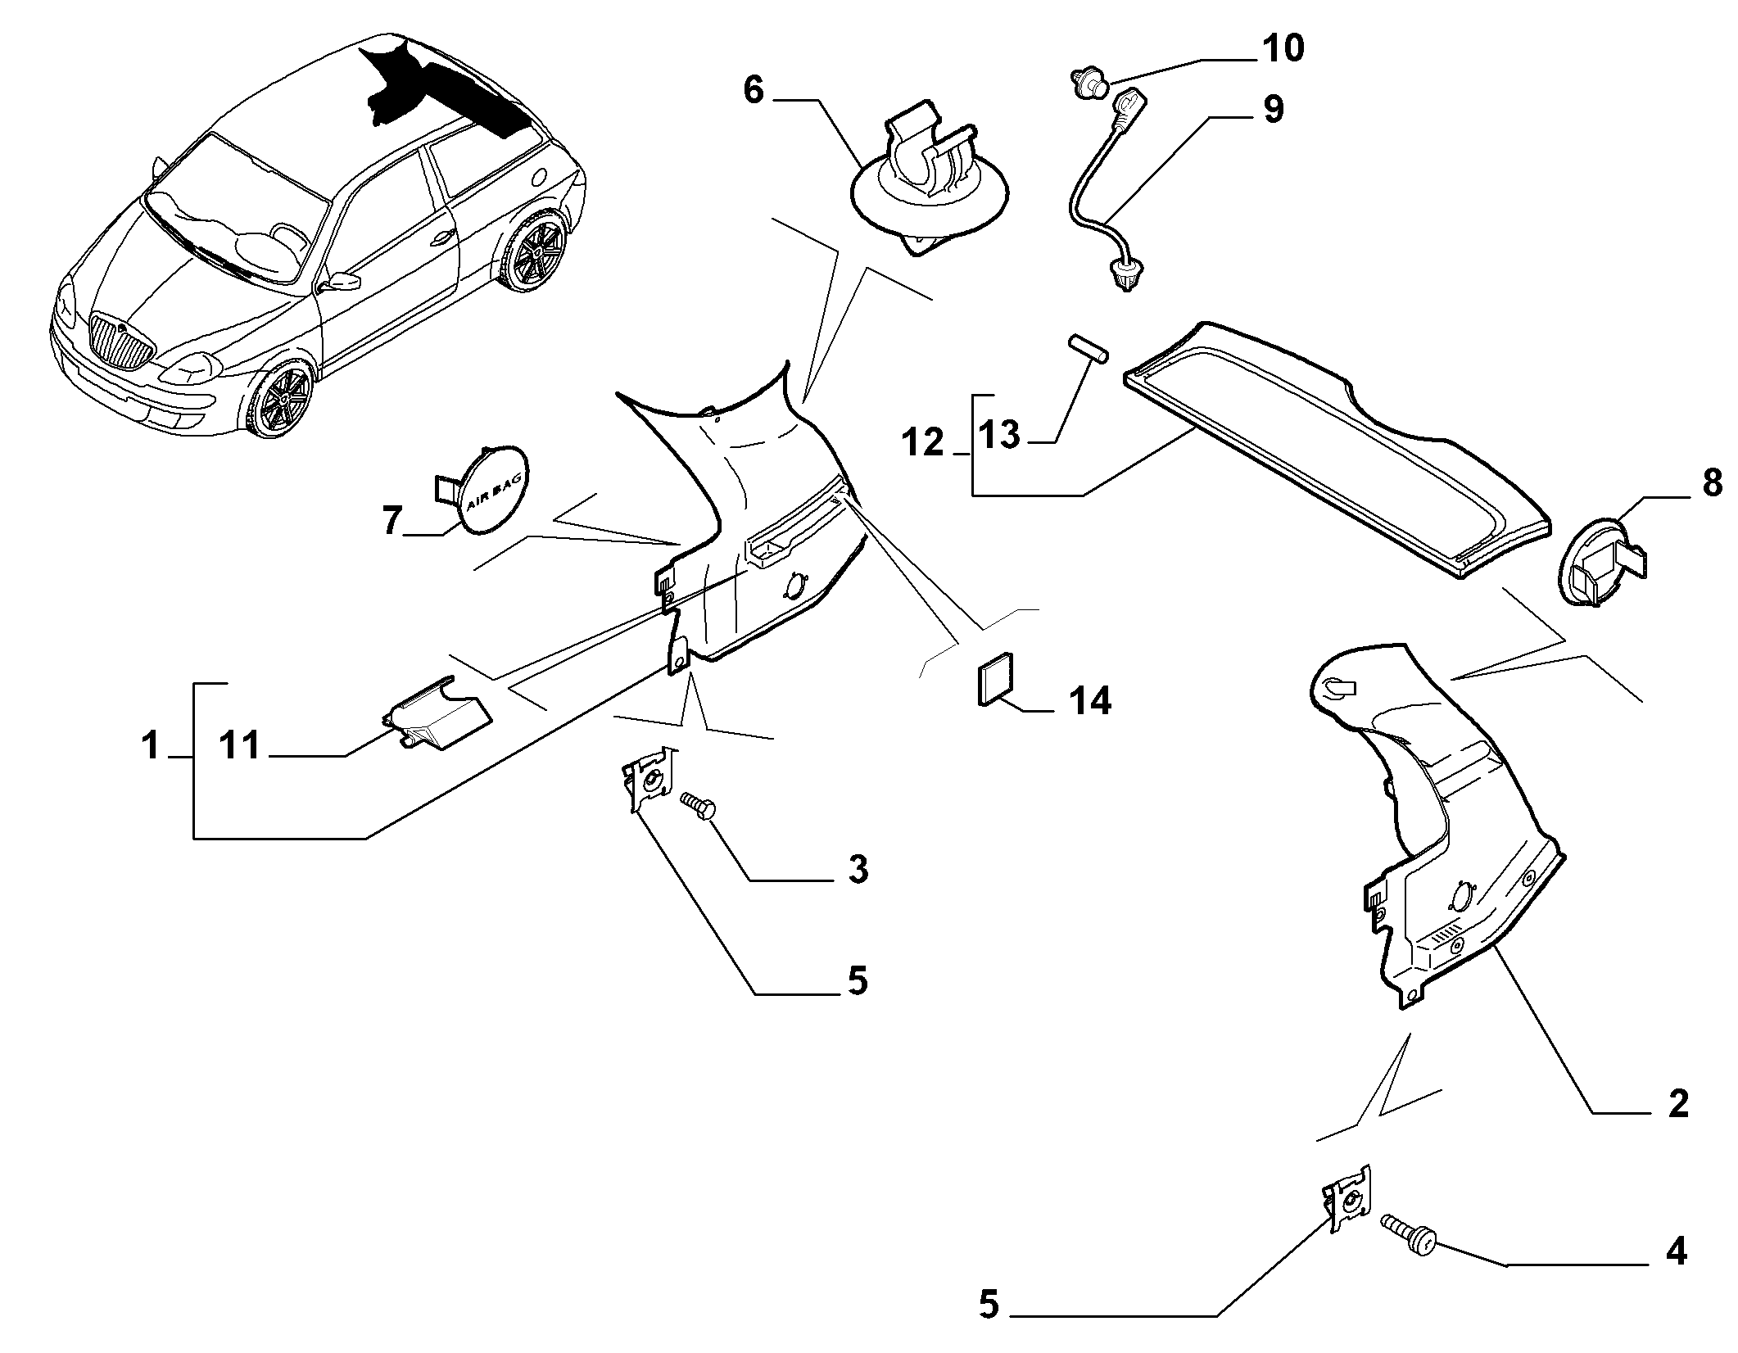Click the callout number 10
point(1282,48)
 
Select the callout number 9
point(1272,109)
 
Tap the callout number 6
point(754,90)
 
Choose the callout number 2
point(1679,1105)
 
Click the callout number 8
point(1712,484)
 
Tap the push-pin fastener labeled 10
point(1088,83)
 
